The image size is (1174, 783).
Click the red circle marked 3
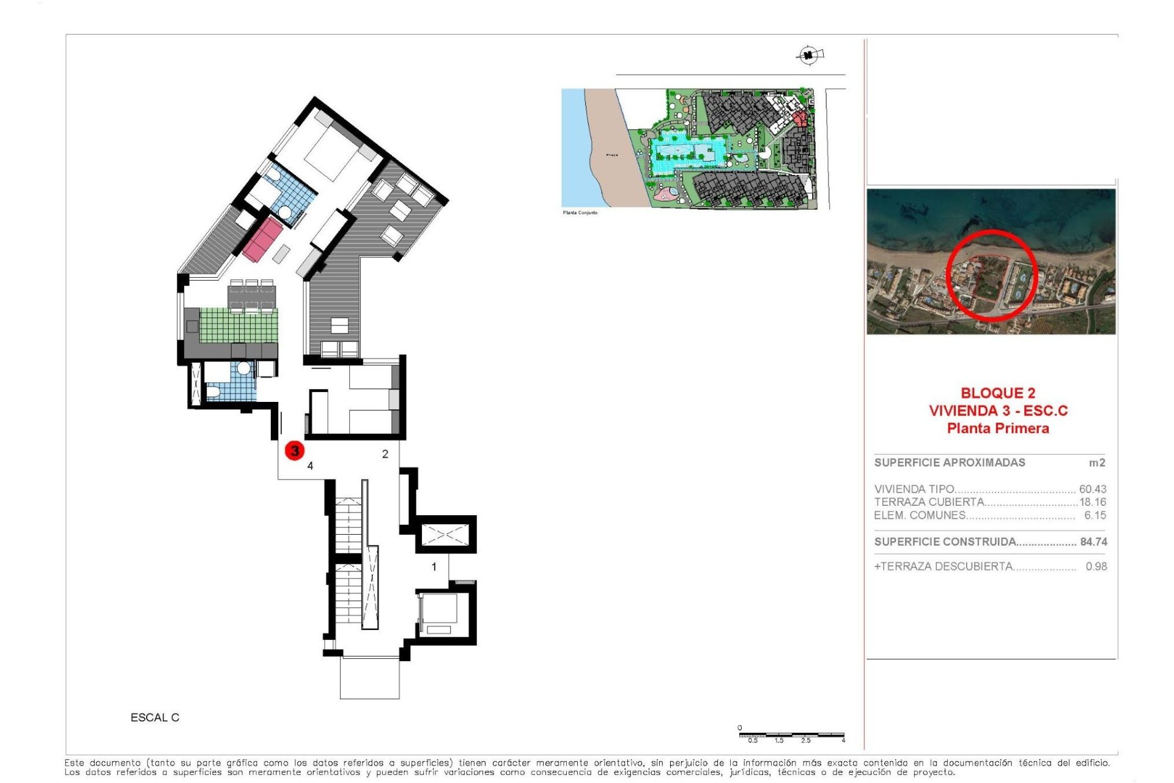pos(295,451)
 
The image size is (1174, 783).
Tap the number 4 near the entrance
pos(310,466)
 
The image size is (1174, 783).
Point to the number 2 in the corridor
pos(385,454)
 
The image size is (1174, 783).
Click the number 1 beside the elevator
pos(434,567)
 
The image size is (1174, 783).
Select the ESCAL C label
pos(155,718)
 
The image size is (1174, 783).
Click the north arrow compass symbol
pos(809,56)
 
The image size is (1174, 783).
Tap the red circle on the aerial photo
pos(991,275)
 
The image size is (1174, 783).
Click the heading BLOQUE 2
pos(998,393)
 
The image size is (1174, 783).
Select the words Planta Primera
pos(998,429)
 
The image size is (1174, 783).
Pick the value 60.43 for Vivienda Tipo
pos(1092,489)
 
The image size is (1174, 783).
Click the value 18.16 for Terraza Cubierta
pos(1093,502)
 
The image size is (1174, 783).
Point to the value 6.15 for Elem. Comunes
pos(1095,516)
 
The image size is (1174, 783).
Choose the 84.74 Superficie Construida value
pos(1093,542)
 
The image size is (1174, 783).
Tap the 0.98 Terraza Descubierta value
pos(1096,566)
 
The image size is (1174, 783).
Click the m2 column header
pos(1097,463)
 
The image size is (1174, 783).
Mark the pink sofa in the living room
pos(262,239)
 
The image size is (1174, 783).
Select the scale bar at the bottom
pos(791,735)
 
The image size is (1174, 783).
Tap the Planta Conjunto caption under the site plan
pos(580,213)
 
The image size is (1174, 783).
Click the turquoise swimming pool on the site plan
pos(685,154)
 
